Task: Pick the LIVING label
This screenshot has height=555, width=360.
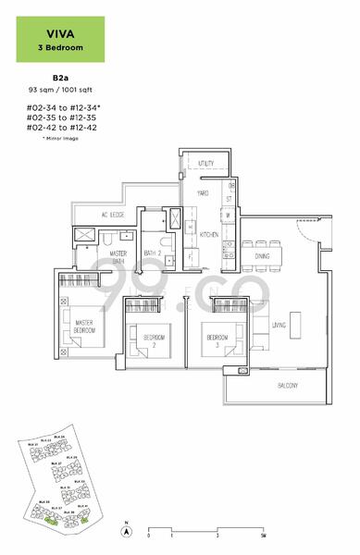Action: click(278, 326)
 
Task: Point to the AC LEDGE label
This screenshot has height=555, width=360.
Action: click(111, 215)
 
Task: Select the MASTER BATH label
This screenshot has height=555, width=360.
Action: click(118, 257)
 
